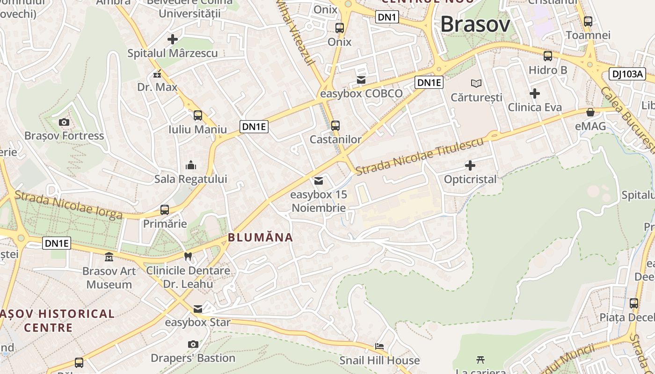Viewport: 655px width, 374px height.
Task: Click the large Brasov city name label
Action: coord(475,24)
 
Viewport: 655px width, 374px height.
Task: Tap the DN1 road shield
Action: coord(387,17)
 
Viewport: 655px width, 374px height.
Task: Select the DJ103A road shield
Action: coord(627,73)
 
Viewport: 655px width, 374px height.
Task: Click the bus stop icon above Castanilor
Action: coord(335,125)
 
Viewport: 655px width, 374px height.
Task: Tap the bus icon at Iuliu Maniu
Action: coord(198,115)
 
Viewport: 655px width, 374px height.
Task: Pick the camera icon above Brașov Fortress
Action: coord(64,122)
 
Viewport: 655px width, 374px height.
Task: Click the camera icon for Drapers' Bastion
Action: coord(193,344)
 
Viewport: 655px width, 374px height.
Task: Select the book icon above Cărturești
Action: coord(476,83)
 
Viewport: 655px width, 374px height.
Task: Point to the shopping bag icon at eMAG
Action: coord(590,112)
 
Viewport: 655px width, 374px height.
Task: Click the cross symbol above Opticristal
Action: coord(470,165)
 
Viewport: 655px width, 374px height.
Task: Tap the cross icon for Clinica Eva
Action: coord(535,93)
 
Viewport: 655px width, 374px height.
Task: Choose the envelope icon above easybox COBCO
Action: coord(361,80)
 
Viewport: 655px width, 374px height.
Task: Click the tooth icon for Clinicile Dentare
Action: coord(188,256)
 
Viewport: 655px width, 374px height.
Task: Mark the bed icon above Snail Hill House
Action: coord(379,346)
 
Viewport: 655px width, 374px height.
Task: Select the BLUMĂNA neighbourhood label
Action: coord(261,237)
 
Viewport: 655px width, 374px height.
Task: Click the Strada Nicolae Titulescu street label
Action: coord(419,157)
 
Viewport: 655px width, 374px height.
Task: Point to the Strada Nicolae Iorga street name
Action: coord(68,205)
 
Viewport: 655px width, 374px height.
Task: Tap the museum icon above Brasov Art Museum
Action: coord(109,257)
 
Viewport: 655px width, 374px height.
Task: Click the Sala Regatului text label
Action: coord(191,179)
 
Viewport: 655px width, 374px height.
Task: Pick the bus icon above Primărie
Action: coord(165,209)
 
